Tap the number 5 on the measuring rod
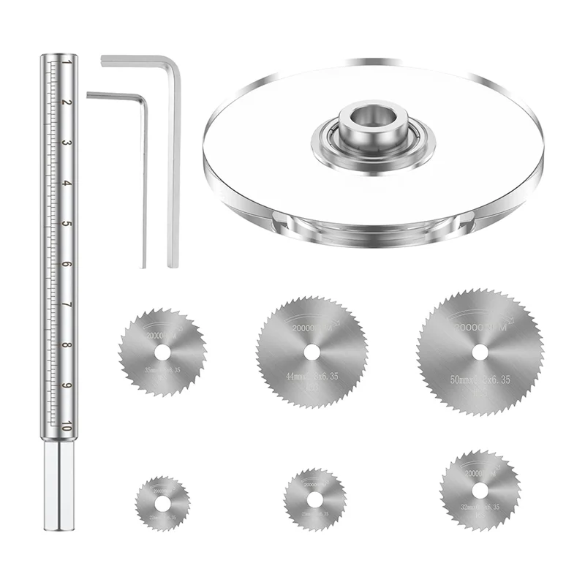pyautogui.click(x=67, y=224)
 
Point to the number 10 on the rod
pyautogui.click(x=67, y=428)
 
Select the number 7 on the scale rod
pyautogui.click(x=67, y=305)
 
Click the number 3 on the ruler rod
pyautogui.click(x=67, y=143)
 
